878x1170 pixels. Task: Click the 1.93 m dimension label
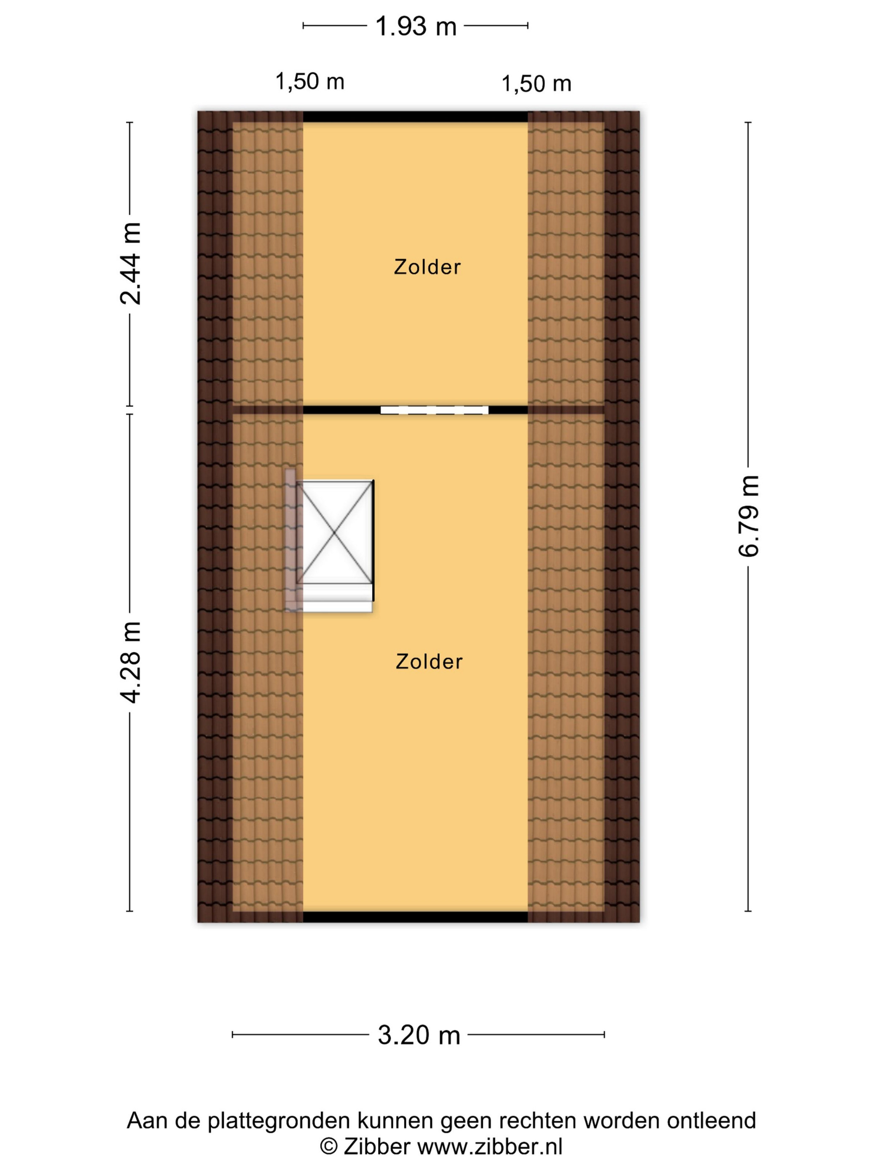click(416, 26)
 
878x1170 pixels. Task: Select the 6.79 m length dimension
click(748, 516)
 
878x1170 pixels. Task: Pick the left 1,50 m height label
click(310, 81)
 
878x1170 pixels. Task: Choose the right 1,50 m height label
click(536, 84)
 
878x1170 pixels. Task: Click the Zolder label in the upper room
click(427, 267)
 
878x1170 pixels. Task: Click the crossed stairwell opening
click(334, 532)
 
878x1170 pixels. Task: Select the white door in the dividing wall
click(434, 410)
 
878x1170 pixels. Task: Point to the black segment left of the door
click(341, 410)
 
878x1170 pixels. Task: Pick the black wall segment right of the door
click(508, 410)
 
